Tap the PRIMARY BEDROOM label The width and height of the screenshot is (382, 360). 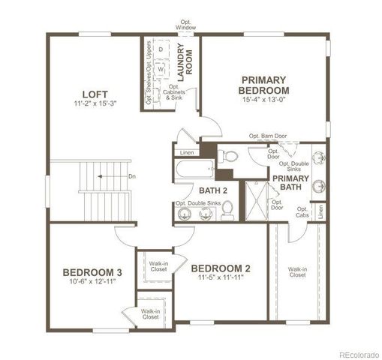tap(265, 84)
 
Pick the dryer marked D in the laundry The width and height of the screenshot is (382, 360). tap(160, 48)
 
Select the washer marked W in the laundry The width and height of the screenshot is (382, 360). tap(160, 68)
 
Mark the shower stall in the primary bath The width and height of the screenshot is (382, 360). tap(257, 198)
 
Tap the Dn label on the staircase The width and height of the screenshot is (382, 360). tap(132, 177)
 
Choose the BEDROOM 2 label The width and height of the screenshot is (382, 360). tap(221, 268)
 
